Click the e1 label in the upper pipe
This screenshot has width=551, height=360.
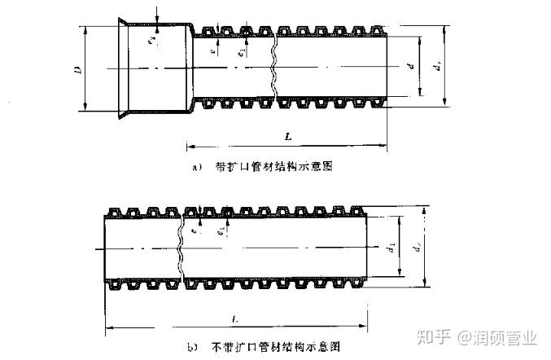(242, 50)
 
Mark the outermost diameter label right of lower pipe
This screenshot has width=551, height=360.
(418, 246)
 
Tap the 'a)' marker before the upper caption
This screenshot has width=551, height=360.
(196, 167)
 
